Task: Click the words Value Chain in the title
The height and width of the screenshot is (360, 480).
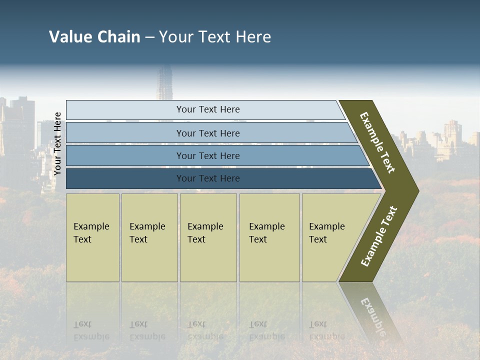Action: pyautogui.click(x=94, y=37)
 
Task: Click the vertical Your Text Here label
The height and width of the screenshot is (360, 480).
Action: pyautogui.click(x=57, y=143)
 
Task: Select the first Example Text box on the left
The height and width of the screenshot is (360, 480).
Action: pyautogui.click(x=92, y=237)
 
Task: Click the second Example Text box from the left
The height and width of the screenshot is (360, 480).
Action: pyautogui.click(x=149, y=237)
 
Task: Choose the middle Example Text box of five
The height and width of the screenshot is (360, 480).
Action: pyautogui.click(x=208, y=237)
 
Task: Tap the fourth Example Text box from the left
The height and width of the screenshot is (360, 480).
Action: pyautogui.click(x=269, y=237)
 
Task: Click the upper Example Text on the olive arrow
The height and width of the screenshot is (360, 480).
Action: pyautogui.click(x=377, y=142)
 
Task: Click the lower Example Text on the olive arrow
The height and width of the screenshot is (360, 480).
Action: pyautogui.click(x=379, y=236)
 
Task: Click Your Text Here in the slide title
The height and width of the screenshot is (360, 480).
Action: pyautogui.click(x=215, y=37)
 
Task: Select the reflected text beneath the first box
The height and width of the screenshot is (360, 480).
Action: pyautogui.click(x=91, y=331)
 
